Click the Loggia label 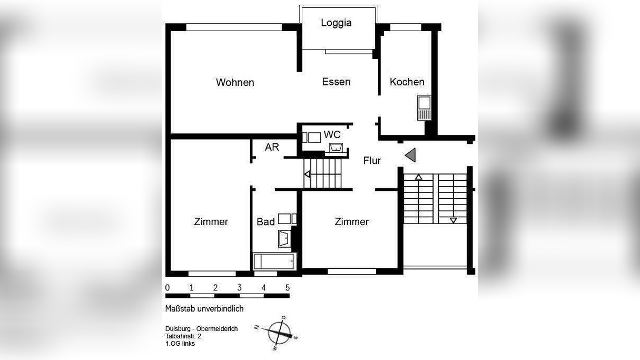[x=336, y=23]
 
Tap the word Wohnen [x=235, y=82]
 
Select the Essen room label [x=336, y=82]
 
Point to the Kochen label [x=407, y=82]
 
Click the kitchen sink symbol [x=424, y=108]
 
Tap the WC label [x=332, y=134]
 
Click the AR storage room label [x=272, y=147]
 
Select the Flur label [x=372, y=161]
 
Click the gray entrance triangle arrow [x=411, y=155]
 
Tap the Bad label [x=265, y=222]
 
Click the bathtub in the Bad [x=274, y=261]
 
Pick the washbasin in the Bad [x=284, y=238]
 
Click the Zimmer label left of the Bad [x=211, y=222]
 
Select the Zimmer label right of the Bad [x=351, y=222]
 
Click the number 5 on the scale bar [x=287, y=288]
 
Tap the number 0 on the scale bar [x=168, y=288]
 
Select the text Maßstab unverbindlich [x=204, y=309]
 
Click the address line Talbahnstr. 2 [x=183, y=336]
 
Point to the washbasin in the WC [x=336, y=147]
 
